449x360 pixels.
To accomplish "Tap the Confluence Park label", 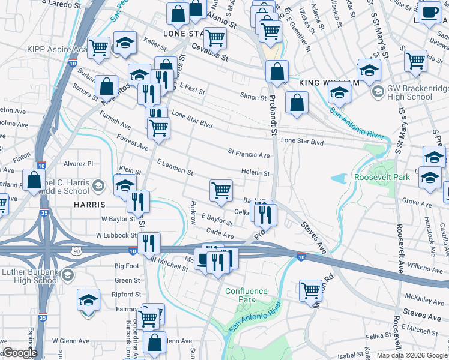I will pos(246,295).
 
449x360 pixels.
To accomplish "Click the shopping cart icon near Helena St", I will pos(221,190).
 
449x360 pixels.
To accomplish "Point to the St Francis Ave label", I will pos(249,154).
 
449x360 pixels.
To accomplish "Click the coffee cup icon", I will pos(429,13).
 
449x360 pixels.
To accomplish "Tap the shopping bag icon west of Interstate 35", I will pos(34,179).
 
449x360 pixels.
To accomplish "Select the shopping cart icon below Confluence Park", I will pos(310,290).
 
